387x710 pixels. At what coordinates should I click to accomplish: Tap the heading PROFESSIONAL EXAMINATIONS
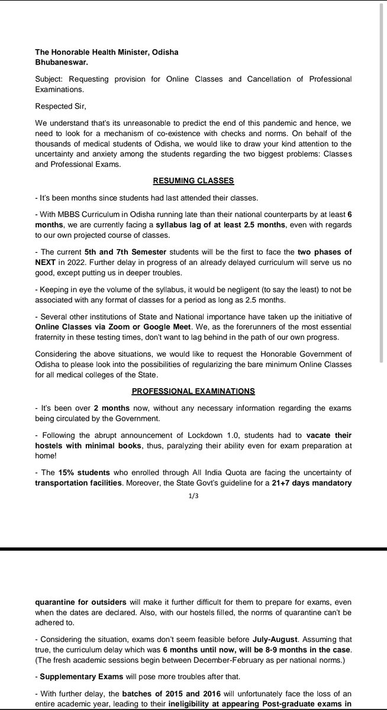point(193,391)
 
